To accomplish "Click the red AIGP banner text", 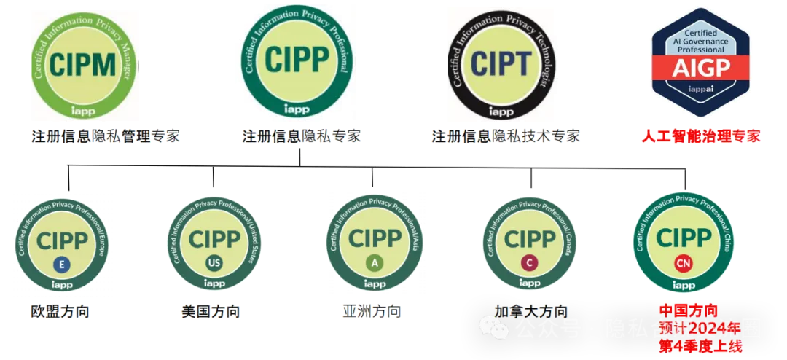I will (700, 69).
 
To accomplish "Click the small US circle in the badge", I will (214, 262).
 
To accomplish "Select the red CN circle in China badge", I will (683, 262).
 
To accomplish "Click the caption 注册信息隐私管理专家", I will (105, 136).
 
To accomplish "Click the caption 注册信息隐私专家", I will (301, 136).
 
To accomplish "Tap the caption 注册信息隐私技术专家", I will (506, 136).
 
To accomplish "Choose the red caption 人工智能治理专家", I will (701, 136).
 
